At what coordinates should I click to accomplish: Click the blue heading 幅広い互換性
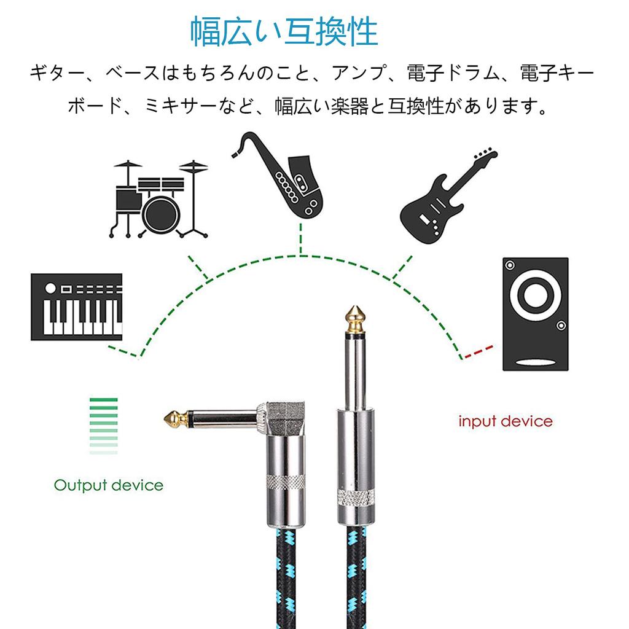coord(283,33)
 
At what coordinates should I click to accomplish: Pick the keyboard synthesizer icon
coord(76,307)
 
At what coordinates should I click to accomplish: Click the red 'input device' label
coord(506,421)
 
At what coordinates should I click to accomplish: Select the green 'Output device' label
coord(109,485)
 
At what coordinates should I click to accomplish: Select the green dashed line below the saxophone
coord(300,240)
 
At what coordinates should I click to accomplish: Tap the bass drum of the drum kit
coord(161,212)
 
